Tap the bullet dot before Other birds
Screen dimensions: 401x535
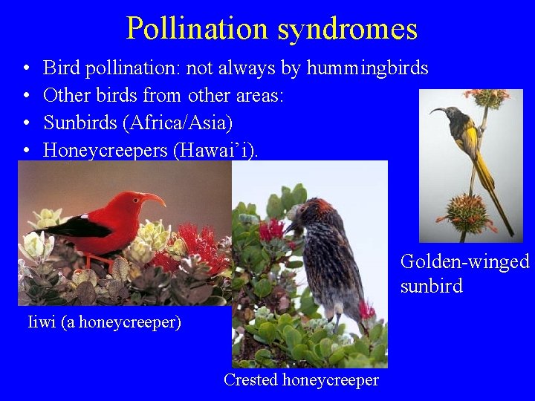25,96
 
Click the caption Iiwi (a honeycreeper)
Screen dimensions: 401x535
104,322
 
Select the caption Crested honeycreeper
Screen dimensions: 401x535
301,380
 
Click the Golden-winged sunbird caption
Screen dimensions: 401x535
464,273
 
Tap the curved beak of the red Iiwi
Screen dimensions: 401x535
155,198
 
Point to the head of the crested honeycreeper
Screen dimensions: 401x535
305,215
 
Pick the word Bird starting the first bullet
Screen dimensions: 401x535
62,68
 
